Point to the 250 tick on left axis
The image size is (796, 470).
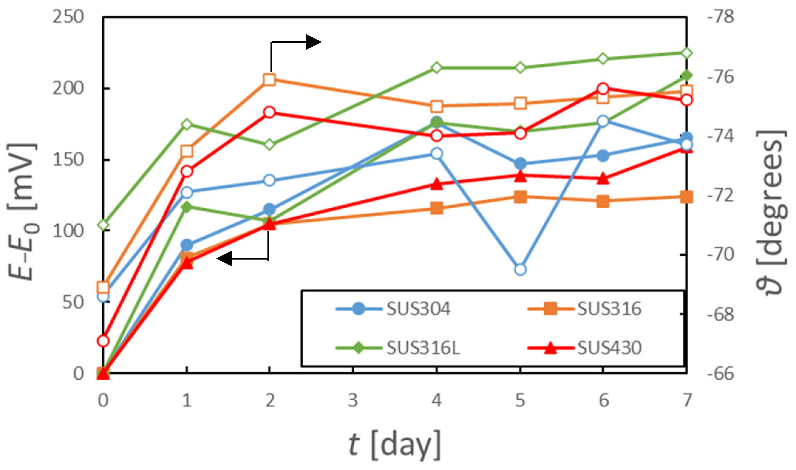(x=68, y=16)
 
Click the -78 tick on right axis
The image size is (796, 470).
(x=720, y=16)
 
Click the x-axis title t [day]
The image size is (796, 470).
(x=395, y=445)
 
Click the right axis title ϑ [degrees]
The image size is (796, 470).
(x=771, y=212)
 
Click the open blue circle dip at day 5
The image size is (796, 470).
(x=521, y=270)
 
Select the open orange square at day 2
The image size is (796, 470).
(x=269, y=80)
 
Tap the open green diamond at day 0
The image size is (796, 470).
(x=103, y=225)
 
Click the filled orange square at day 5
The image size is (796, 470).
(x=521, y=197)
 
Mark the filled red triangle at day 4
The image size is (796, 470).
(x=437, y=184)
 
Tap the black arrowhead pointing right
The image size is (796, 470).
(x=313, y=42)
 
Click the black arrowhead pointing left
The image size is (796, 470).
(x=225, y=258)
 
